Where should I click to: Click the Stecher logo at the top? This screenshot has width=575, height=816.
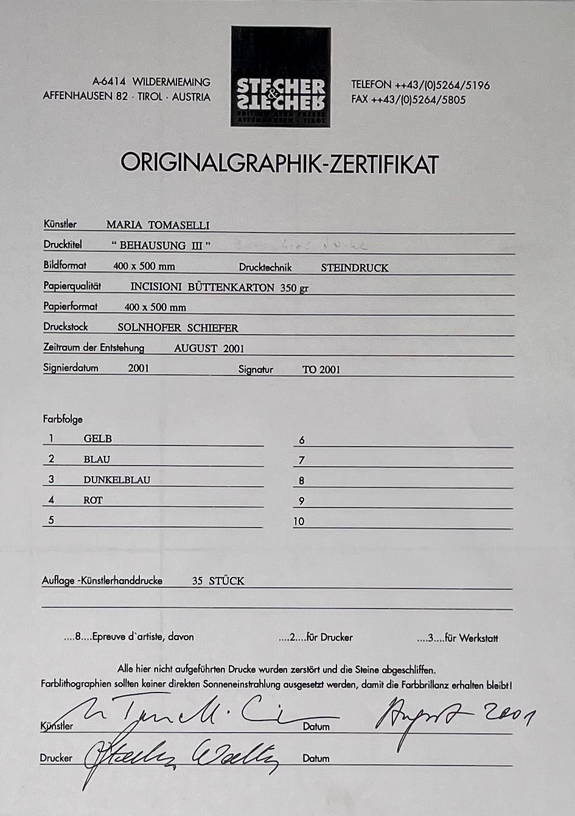click(281, 77)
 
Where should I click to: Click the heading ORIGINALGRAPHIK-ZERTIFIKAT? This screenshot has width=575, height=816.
click(279, 164)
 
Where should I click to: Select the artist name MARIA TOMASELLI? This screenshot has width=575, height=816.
click(158, 225)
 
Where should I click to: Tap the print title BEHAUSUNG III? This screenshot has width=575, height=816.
click(161, 246)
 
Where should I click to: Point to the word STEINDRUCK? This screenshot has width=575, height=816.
click(354, 268)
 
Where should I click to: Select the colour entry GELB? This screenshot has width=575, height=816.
click(97, 439)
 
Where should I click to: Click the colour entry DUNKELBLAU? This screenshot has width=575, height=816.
click(117, 479)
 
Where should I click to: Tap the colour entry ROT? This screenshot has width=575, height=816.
click(93, 500)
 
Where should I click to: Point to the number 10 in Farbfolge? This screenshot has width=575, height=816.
click(298, 521)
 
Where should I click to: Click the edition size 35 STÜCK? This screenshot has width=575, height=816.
click(218, 581)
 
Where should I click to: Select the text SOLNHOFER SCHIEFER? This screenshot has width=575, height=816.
click(178, 328)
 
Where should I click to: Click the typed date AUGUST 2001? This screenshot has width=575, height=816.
click(209, 349)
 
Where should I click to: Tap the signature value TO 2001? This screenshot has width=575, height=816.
click(321, 369)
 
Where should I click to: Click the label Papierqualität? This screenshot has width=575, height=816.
click(72, 286)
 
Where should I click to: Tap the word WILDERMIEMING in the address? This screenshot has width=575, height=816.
click(172, 82)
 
